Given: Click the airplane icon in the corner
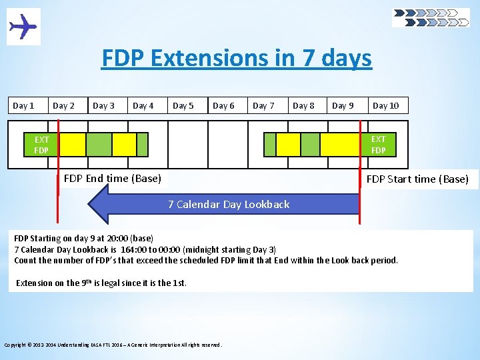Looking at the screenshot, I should (x=23, y=27).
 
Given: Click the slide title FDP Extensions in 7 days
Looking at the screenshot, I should (x=237, y=59).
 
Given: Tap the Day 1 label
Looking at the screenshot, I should (x=24, y=105).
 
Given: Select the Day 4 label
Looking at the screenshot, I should (x=143, y=105).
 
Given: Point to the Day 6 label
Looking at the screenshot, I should (x=223, y=105).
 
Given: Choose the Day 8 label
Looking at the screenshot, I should (x=303, y=105).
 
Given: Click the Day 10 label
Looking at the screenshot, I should (x=385, y=105).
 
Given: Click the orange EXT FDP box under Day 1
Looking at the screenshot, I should (x=41, y=145).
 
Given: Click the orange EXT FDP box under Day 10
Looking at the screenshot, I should (x=378, y=144).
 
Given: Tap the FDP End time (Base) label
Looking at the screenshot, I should (x=112, y=178).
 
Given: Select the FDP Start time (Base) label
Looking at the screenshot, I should (x=417, y=179).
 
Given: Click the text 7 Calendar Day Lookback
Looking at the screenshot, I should (x=229, y=204).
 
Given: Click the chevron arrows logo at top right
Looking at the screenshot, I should (x=431, y=17).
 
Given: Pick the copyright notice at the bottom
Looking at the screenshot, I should (x=113, y=345).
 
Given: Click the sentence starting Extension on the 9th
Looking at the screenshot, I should (x=101, y=283).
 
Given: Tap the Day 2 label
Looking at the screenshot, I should (x=64, y=105).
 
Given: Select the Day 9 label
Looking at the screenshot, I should (x=343, y=105).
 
